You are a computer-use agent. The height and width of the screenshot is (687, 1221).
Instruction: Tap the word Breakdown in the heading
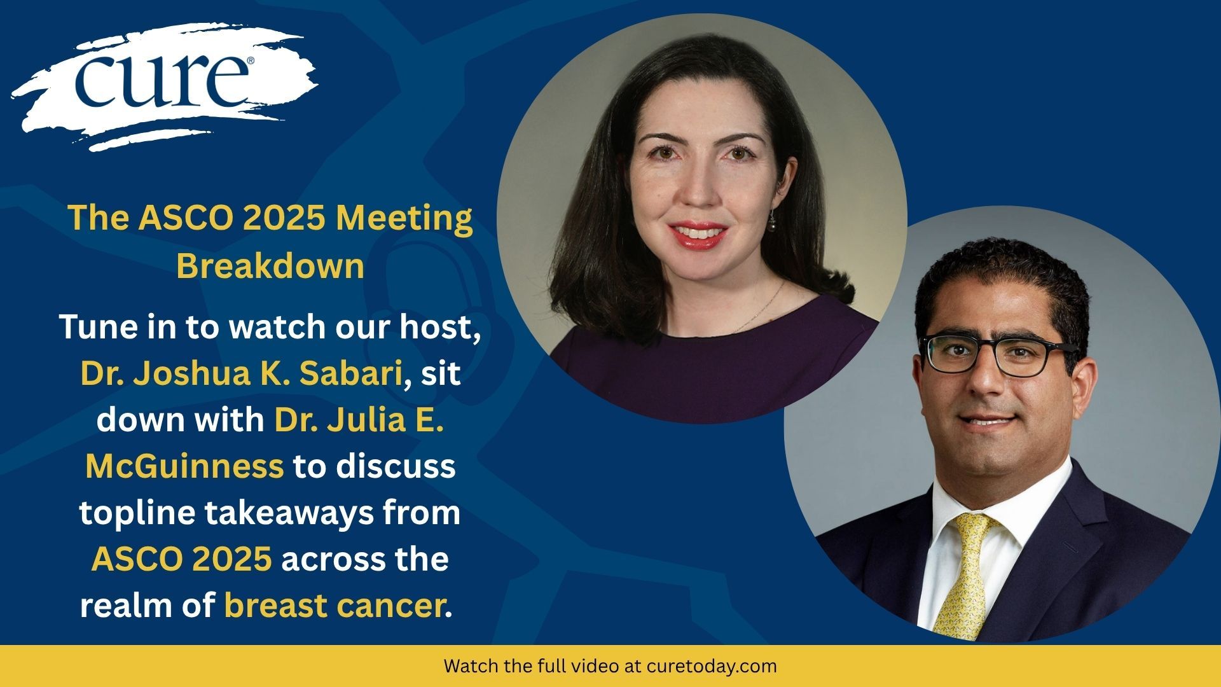coord(270,265)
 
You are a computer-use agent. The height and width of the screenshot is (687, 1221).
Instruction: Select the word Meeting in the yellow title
coord(404,218)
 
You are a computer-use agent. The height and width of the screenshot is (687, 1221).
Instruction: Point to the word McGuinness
coord(184,466)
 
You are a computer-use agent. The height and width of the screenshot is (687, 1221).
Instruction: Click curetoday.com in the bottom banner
coord(712,667)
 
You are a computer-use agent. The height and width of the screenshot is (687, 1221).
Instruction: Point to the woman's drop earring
coord(773,220)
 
